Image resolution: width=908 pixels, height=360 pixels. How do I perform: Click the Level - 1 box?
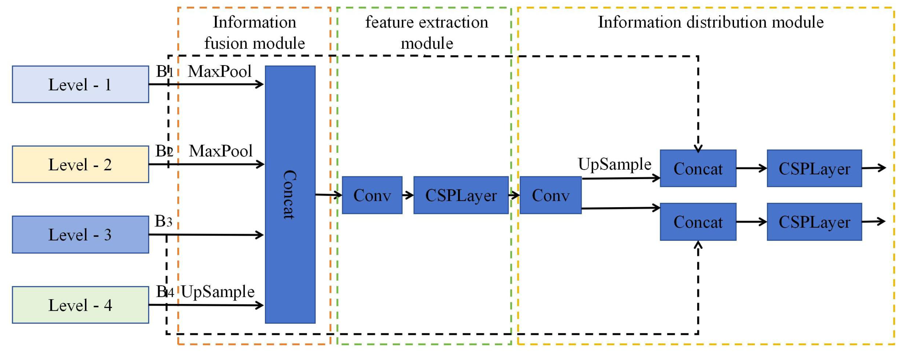[x=80, y=84]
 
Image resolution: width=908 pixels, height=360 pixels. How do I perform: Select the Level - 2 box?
[x=80, y=164]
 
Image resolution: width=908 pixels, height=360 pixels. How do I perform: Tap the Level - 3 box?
[x=80, y=234]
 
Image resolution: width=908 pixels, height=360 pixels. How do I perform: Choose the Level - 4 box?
[x=80, y=305]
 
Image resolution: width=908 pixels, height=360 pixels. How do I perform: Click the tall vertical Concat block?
[x=290, y=194]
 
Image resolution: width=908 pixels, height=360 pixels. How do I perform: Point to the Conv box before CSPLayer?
[x=372, y=195]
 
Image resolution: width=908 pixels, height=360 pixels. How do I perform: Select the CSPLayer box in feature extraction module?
[x=461, y=195]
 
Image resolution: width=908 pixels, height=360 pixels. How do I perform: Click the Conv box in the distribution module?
[x=550, y=195]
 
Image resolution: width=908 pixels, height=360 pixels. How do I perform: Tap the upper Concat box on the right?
[x=698, y=169]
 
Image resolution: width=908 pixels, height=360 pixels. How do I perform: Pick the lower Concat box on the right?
[x=698, y=222]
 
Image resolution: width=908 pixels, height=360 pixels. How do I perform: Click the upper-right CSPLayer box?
[x=814, y=169]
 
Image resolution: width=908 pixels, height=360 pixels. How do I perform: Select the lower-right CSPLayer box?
[x=814, y=222]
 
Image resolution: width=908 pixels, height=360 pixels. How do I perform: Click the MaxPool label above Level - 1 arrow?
[x=220, y=71]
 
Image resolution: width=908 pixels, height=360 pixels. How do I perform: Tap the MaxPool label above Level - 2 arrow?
[x=221, y=151]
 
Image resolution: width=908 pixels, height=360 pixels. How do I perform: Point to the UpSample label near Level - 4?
[x=218, y=291]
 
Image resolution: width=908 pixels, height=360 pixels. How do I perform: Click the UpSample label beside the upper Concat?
[x=615, y=164]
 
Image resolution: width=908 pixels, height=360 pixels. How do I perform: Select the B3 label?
[x=164, y=221]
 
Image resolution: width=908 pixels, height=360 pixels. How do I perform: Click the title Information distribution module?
[x=711, y=22]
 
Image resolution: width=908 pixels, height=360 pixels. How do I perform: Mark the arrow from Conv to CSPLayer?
[x=408, y=195]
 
